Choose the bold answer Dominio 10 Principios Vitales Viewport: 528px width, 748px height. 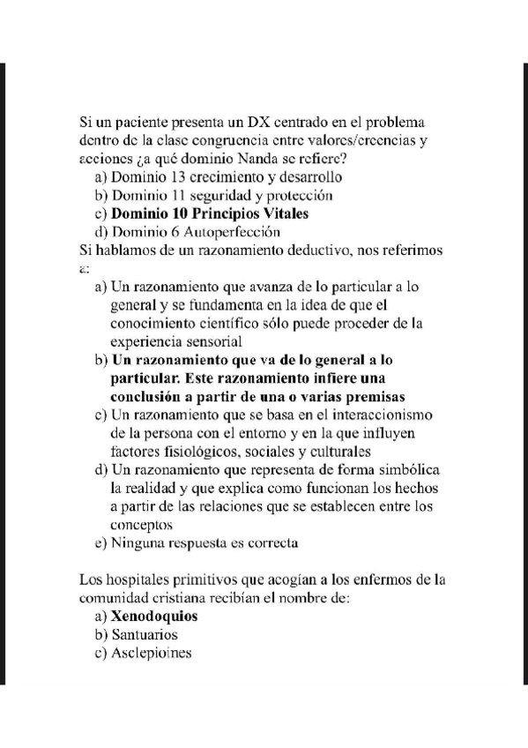[x=209, y=213]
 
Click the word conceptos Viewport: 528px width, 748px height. [x=142, y=524]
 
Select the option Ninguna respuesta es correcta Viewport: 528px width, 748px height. [x=204, y=542]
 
